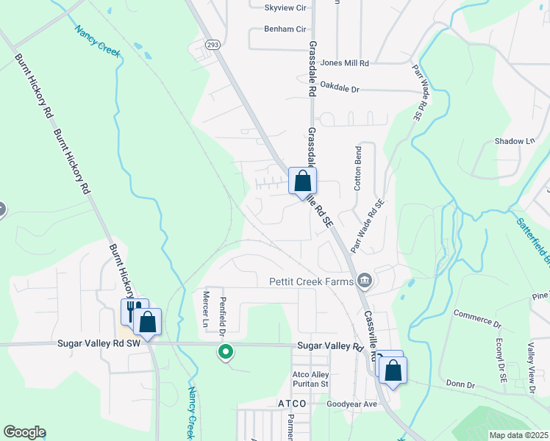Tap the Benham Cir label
pyautogui.click(x=285, y=30)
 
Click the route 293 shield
pyautogui.click(x=212, y=44)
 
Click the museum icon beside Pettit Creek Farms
pyautogui.click(x=365, y=281)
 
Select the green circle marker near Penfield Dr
pyautogui.click(x=226, y=353)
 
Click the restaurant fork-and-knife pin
pyautogui.click(x=134, y=310)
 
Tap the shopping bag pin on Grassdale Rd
pyautogui.click(x=302, y=181)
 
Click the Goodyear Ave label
pyautogui.click(x=351, y=404)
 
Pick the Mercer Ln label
pyautogui.click(x=206, y=309)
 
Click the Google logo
pyautogui.click(x=24, y=432)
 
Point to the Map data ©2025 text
pyautogui.click(x=518, y=435)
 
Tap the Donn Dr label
pyautogui.click(x=461, y=384)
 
